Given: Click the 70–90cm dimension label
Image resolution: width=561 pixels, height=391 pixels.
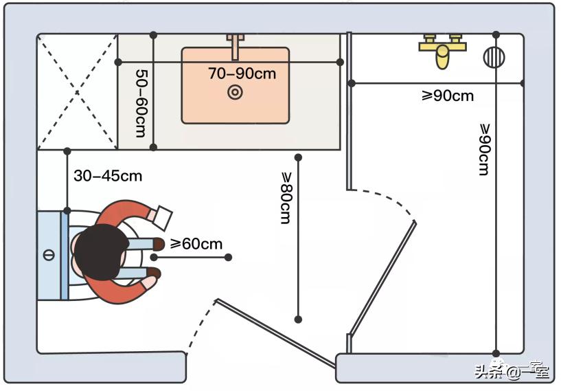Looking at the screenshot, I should point(242,73).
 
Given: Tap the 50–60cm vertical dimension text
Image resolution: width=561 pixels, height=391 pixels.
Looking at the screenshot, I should point(140,102).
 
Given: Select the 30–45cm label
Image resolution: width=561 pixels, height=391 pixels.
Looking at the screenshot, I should point(108,176).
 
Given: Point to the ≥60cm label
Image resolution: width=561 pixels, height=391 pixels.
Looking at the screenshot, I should point(196,244).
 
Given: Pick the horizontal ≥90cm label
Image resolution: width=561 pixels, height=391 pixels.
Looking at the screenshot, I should point(447,96).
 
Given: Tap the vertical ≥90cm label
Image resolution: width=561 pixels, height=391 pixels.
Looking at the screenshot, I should point(483,150).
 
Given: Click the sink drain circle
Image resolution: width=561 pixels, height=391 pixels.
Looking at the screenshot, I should point(235,92).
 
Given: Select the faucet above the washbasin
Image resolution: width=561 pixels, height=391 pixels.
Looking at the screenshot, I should point(236,46).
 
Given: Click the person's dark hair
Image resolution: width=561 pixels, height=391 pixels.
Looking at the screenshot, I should point(96,252).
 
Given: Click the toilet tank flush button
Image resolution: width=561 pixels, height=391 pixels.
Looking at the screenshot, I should point(48,256).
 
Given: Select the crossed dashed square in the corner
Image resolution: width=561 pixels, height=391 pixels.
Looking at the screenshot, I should point(77,91).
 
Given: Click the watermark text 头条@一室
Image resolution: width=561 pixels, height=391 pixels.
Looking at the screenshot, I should point(512,372).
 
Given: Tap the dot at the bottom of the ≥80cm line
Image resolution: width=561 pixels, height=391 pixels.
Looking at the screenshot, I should point(298,320).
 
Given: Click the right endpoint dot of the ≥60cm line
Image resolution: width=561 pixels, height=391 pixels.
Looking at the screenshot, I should point(228,258).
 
